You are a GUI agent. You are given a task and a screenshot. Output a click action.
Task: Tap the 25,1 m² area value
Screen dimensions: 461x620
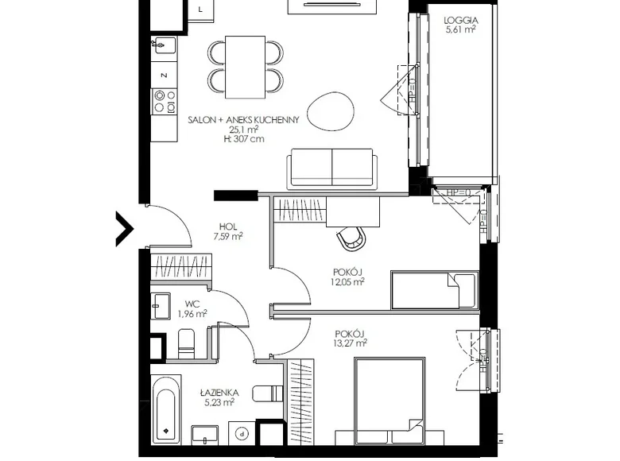242,130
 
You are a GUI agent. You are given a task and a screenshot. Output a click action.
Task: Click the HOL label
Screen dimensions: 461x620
229,226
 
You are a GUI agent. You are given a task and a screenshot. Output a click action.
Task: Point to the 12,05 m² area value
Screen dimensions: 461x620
348,281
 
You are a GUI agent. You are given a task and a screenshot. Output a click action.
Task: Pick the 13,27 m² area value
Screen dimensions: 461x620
350,344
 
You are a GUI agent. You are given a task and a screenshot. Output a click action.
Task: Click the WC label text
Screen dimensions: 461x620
191,304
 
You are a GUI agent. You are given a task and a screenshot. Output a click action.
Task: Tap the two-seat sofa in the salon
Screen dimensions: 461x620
331,168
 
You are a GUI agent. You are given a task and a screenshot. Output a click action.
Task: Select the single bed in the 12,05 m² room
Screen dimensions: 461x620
433,290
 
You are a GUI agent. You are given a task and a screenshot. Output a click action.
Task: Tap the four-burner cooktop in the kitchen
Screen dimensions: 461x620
164,101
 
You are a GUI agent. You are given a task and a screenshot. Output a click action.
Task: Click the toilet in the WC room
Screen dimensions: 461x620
187,342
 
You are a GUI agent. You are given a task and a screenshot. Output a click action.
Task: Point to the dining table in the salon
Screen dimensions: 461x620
245,64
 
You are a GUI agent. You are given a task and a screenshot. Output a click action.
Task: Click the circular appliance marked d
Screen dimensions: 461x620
242,432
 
